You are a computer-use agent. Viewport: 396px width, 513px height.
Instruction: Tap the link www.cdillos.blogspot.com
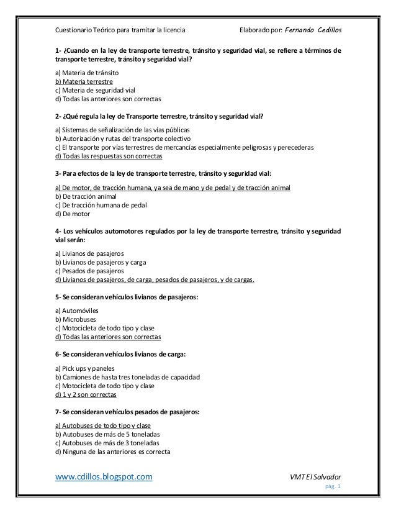coord(104,477)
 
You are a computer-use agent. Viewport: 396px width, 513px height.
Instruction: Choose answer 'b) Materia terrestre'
coord(84,81)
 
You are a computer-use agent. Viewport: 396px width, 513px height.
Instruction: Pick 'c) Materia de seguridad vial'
coord(91,90)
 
